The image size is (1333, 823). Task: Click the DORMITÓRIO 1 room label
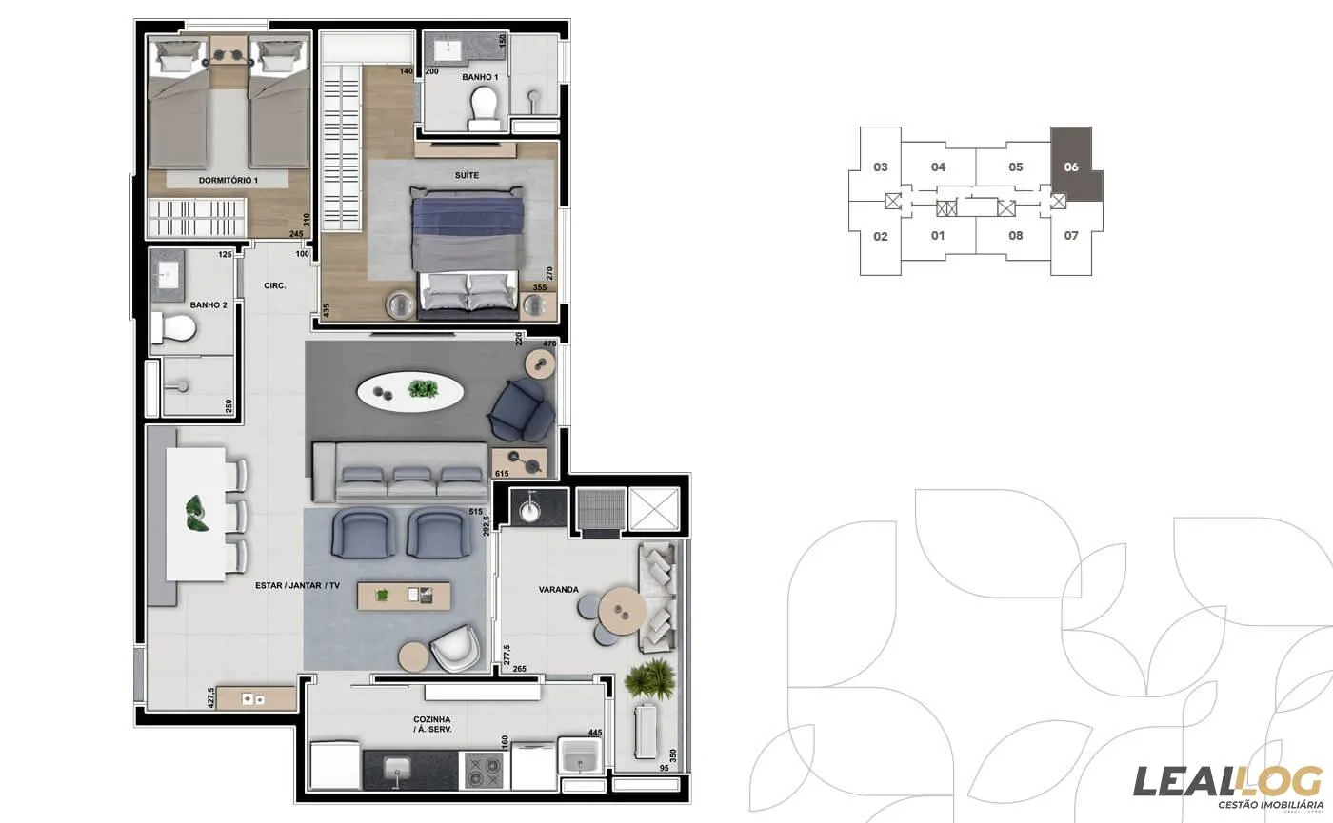(229, 180)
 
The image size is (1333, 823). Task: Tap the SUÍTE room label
(467, 176)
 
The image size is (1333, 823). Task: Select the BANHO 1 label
(480, 77)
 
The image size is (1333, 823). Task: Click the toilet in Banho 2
(174, 329)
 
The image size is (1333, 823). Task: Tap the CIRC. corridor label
(275, 285)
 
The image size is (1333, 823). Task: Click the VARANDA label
(558, 590)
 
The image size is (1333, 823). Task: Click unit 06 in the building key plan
(1071, 167)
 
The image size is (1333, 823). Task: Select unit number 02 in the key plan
(881, 236)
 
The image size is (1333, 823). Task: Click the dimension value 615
(503, 474)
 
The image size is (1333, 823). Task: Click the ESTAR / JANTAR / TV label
(297, 586)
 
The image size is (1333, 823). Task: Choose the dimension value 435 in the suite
(326, 310)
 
